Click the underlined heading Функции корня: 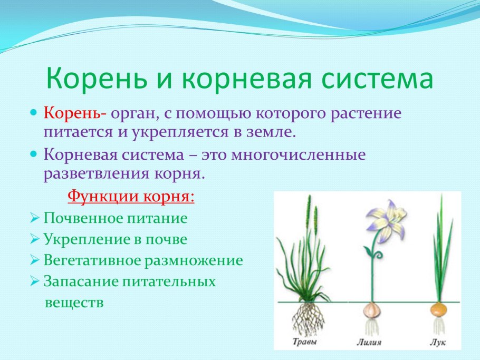point(131,197)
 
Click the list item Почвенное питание point(116,218)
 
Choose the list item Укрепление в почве point(116,239)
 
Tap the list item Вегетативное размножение point(143,260)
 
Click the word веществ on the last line point(74,303)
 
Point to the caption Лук point(437,343)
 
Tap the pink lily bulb point(372,310)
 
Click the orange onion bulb point(438,309)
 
